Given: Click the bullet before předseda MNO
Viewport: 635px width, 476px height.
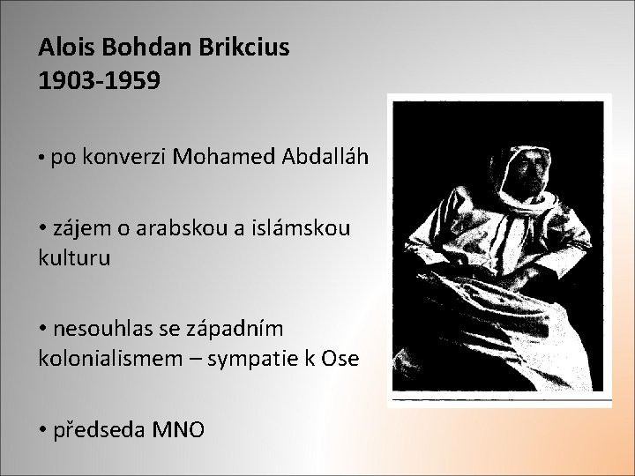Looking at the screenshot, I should point(44,429).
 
